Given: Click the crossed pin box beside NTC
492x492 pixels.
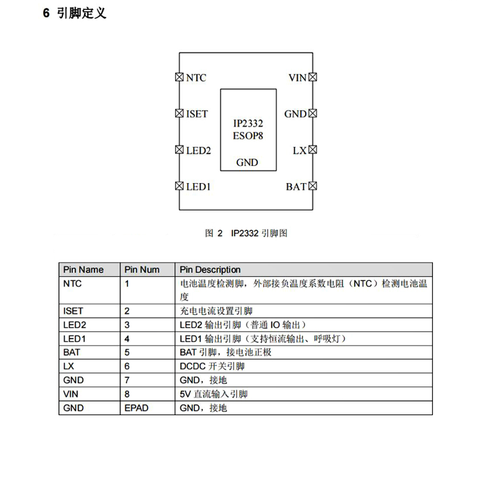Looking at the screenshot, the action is (179, 77).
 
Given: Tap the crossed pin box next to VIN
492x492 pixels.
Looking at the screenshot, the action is (312, 77).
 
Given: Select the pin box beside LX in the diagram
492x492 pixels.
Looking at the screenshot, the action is (312, 150).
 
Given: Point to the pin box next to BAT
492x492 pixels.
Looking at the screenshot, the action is (312, 186).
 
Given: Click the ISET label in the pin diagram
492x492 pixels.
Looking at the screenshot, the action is (197, 113).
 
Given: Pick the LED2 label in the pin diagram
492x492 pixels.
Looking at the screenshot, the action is (198, 150).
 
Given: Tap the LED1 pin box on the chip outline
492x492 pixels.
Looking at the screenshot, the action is (179, 186).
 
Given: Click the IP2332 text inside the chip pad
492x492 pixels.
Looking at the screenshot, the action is (248, 123).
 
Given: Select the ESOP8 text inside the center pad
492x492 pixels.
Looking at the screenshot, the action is (248, 136).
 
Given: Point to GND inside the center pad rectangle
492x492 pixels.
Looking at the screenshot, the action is (247, 163).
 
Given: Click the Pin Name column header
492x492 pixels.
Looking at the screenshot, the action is (83, 270).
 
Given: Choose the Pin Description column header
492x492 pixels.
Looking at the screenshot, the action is (210, 270).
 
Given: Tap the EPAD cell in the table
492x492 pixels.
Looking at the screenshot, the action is (136, 408).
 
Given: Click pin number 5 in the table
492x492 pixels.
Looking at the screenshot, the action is (127, 352).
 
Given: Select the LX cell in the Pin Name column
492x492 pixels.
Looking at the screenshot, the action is (68, 366).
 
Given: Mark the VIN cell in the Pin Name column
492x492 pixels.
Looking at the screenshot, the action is (71, 394).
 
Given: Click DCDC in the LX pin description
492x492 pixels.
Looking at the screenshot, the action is (193, 366).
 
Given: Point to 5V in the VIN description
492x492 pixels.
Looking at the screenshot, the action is (185, 394).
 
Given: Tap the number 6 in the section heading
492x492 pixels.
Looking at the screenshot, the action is (46, 13).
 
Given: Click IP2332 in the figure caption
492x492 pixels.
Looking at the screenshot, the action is (245, 233).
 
